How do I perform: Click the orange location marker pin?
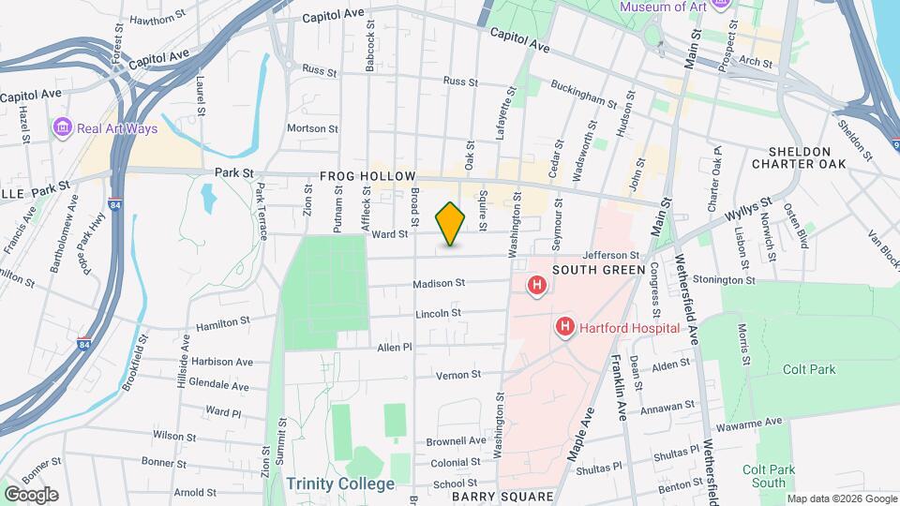point(451,224)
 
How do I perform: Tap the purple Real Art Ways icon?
point(63,126)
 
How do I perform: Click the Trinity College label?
point(341,484)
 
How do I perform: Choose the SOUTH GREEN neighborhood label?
point(598,270)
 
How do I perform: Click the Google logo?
point(31,494)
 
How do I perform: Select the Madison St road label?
point(440,283)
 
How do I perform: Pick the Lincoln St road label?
point(438,313)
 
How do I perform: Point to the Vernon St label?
point(458,375)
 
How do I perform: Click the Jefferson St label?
point(610,255)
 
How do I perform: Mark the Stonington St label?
point(750,279)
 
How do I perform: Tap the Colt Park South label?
point(764,476)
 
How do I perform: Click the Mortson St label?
point(311,128)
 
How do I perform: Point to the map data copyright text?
point(841,498)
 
